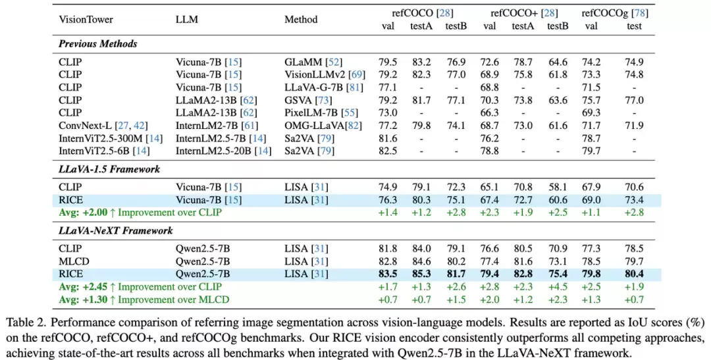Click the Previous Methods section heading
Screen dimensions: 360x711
[97, 44]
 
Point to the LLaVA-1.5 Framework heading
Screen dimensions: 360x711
[109, 169]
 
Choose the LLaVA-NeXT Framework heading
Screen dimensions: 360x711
[116, 231]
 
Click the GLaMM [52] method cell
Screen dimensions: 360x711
[313, 63]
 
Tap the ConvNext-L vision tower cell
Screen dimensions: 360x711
[97, 125]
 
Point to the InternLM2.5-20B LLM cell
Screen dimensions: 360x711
[223, 150]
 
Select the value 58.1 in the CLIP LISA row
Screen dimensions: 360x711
[558, 188]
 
